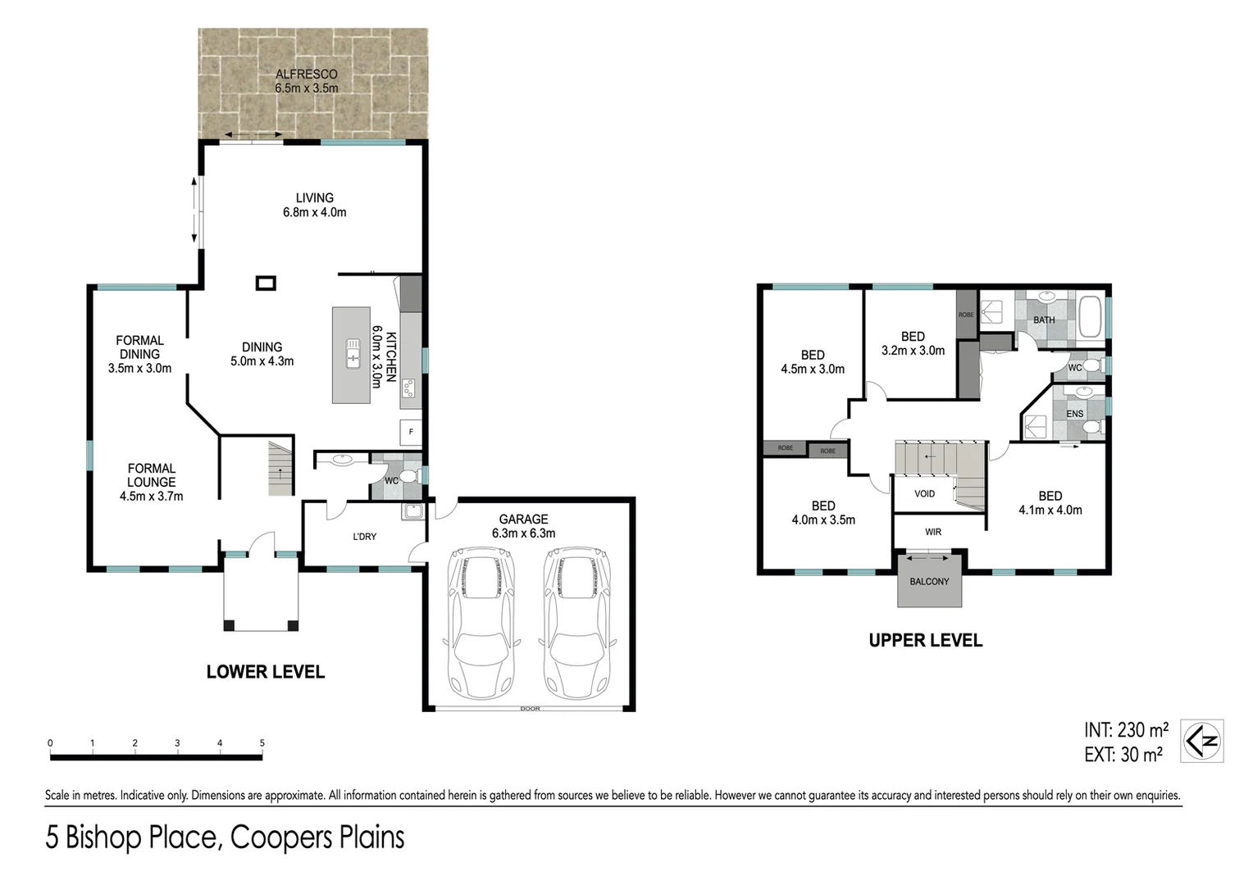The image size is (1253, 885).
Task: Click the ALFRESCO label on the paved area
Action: pyautogui.click(x=307, y=74)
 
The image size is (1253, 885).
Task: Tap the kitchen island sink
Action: pyautogui.click(x=353, y=353)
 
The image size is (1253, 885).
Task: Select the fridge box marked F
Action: pyautogui.click(x=411, y=432)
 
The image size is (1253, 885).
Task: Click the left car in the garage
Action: pyautogui.click(x=481, y=622)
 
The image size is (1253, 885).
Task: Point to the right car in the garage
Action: pyautogui.click(x=577, y=622)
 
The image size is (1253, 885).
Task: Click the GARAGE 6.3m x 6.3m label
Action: pyautogui.click(x=523, y=526)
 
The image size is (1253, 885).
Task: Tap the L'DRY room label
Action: pyautogui.click(x=365, y=537)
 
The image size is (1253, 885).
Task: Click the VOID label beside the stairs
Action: pyautogui.click(x=925, y=493)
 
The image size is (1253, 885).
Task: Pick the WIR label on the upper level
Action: pyautogui.click(x=933, y=532)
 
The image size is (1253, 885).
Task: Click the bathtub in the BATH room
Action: pyautogui.click(x=1090, y=317)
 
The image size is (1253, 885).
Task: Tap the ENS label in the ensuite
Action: pyautogui.click(x=1075, y=414)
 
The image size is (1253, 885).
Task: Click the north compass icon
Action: pyautogui.click(x=1202, y=741)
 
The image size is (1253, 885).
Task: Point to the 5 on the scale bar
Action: pyautogui.click(x=262, y=743)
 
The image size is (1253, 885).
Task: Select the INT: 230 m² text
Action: pyautogui.click(x=1126, y=729)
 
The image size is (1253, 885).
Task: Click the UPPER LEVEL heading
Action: pyautogui.click(x=926, y=641)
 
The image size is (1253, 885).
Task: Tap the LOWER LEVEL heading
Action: pyautogui.click(x=266, y=672)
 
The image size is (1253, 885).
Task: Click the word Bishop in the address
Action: pyautogui.click(x=105, y=837)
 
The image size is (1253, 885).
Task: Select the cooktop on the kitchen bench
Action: pyautogui.click(x=409, y=388)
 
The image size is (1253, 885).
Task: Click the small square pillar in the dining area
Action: pyautogui.click(x=266, y=283)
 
